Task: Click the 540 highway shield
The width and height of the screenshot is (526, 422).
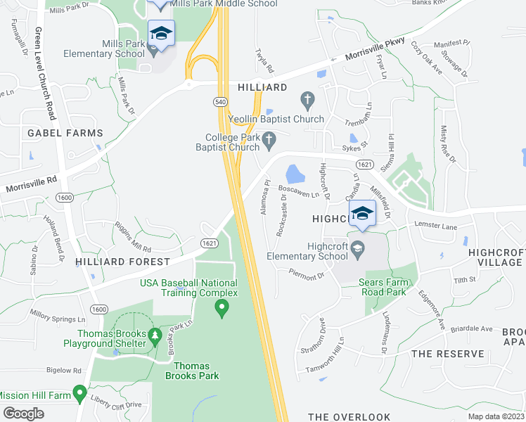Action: point(220,103)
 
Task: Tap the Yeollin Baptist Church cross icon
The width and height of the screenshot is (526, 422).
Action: point(307,98)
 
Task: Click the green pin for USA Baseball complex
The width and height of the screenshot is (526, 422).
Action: point(222,307)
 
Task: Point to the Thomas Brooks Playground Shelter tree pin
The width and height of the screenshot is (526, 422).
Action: point(155,338)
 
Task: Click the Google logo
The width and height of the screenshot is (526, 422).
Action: point(23,414)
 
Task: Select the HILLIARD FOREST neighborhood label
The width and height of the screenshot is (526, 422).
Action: point(124,262)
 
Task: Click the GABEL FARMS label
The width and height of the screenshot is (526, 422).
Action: point(65,133)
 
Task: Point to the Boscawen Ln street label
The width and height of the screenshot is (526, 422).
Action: point(299,190)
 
